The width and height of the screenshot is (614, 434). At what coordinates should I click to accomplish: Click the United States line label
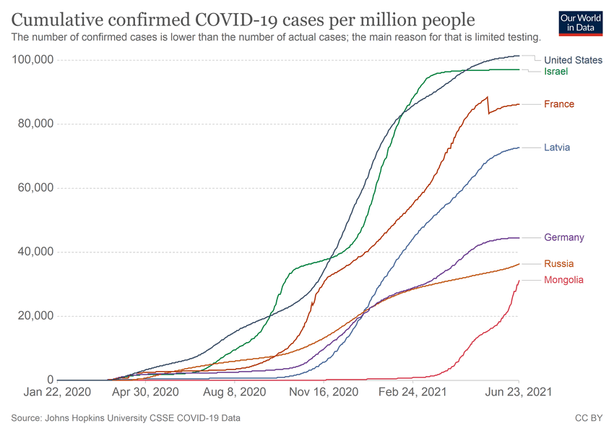tap(573, 60)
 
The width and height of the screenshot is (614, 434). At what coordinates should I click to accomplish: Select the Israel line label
tap(556, 72)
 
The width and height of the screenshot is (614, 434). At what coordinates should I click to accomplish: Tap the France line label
tap(559, 104)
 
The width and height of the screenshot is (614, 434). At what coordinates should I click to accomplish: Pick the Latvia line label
tap(557, 148)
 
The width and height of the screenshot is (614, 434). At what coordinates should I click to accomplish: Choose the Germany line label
tap(564, 237)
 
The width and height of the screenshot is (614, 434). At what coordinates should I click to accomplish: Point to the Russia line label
tap(559, 264)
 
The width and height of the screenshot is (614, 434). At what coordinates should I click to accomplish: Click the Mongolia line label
tap(563, 280)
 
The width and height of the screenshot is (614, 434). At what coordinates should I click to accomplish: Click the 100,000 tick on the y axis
tap(33, 59)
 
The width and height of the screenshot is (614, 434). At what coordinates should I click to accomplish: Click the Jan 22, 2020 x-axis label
tap(57, 392)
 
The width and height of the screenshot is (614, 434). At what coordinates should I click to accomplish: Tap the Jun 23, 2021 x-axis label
tap(519, 392)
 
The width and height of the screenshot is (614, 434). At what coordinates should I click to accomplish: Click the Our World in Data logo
tap(581, 22)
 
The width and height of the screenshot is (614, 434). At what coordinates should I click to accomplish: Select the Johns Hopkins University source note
tap(126, 418)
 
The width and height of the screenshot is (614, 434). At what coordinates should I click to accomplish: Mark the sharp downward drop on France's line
tap(489, 106)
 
